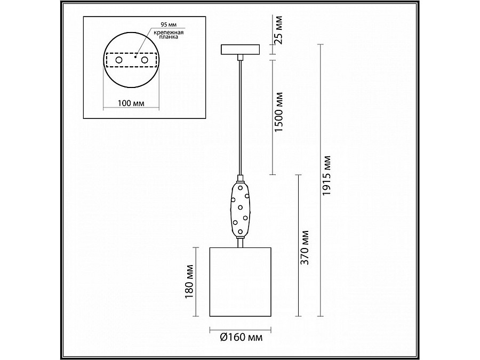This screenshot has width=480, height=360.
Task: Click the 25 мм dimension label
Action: (x=278, y=29)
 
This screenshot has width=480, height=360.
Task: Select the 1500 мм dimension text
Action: (x=279, y=112)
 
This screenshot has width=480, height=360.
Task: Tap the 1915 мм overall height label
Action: (x=326, y=175)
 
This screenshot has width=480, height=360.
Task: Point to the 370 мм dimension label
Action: (x=305, y=247)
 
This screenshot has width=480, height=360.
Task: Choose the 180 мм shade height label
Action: (x=189, y=282)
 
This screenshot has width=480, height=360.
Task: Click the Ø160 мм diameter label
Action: (x=241, y=337)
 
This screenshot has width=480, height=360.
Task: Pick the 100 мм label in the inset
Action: (x=131, y=103)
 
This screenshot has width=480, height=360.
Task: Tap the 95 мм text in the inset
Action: (x=169, y=25)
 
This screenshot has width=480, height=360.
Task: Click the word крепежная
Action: (x=169, y=32)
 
